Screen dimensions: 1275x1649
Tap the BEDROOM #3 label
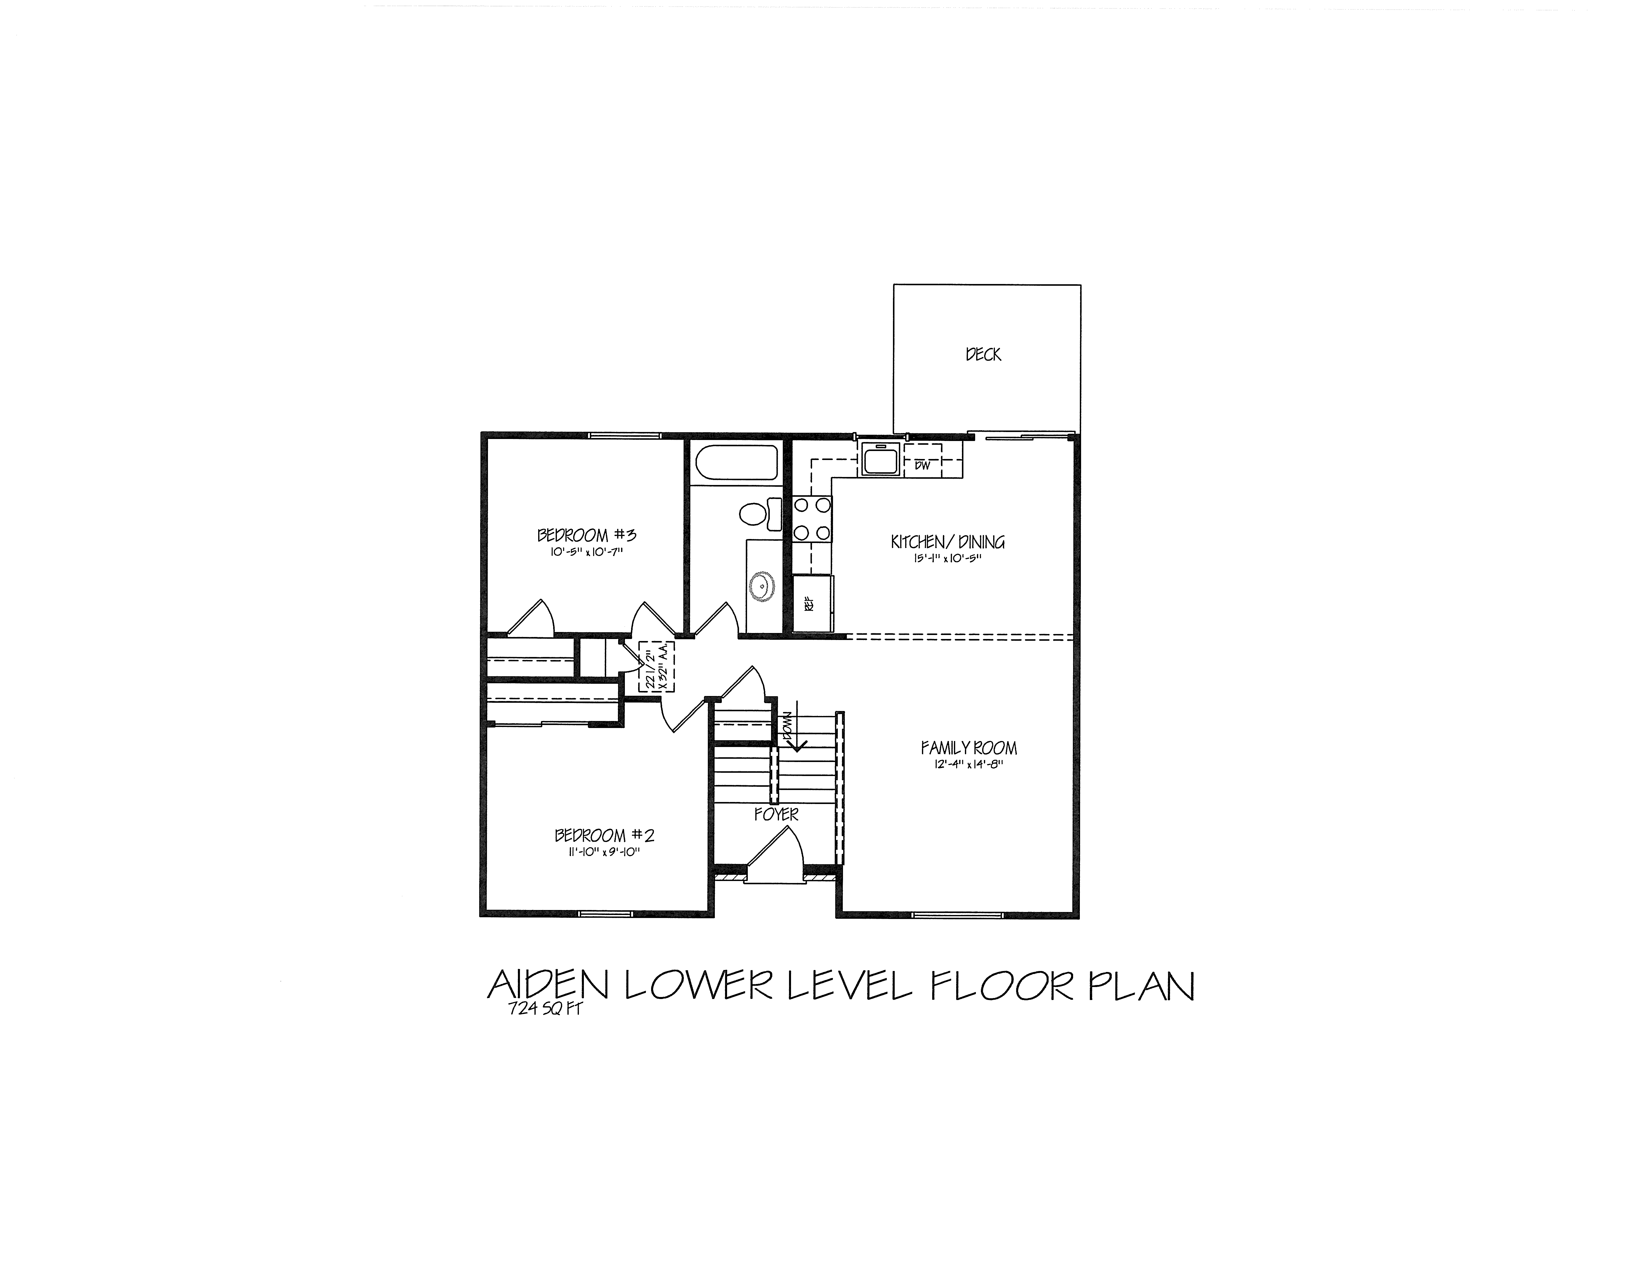pyautogui.click(x=587, y=535)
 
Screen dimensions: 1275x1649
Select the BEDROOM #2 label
pyautogui.click(x=604, y=835)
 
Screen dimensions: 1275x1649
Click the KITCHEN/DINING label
pyautogui.click(x=948, y=541)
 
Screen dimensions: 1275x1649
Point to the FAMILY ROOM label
pyautogui.click(x=969, y=748)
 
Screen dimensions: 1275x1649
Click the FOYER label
pyautogui.click(x=776, y=814)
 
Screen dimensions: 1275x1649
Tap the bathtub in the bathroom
pyautogui.click(x=736, y=462)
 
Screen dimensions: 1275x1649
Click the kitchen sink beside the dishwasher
pyautogui.click(x=880, y=459)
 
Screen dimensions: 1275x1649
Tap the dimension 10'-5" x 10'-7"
pyautogui.click(x=587, y=552)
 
